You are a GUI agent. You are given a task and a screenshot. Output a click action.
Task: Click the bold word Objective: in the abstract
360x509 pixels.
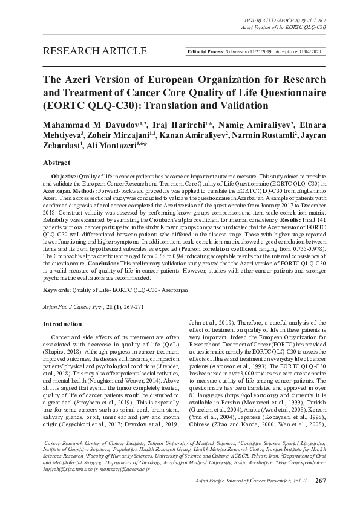[x=64, y=175]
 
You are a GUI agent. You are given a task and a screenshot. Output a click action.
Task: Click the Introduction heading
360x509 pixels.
[x=62, y=324]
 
